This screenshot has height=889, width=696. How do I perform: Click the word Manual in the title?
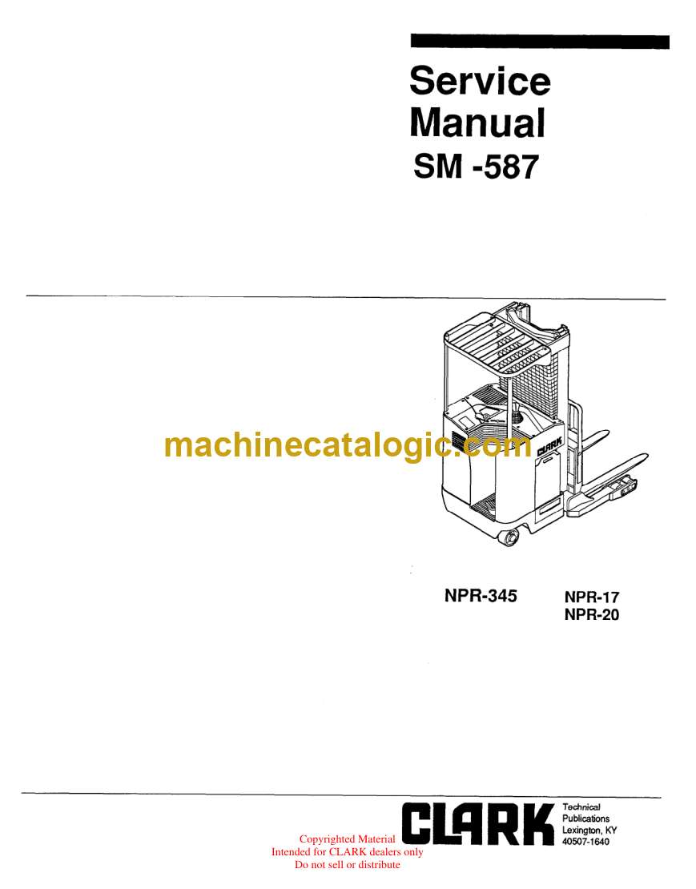click(477, 123)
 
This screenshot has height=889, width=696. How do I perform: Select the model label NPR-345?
click(481, 596)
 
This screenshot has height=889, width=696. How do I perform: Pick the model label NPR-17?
click(592, 597)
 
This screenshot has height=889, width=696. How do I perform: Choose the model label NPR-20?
click(592, 615)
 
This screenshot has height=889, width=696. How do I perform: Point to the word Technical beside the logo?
click(581, 807)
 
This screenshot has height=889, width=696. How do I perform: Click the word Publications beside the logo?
click(585, 819)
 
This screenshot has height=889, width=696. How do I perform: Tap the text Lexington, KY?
click(589, 831)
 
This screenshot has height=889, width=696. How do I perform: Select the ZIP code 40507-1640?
click(586, 842)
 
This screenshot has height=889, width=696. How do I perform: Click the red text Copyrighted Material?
click(347, 839)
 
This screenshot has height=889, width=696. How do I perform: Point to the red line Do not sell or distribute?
click(347, 864)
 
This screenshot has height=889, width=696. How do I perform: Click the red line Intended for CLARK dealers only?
click(347, 852)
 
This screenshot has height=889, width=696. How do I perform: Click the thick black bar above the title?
click(539, 42)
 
